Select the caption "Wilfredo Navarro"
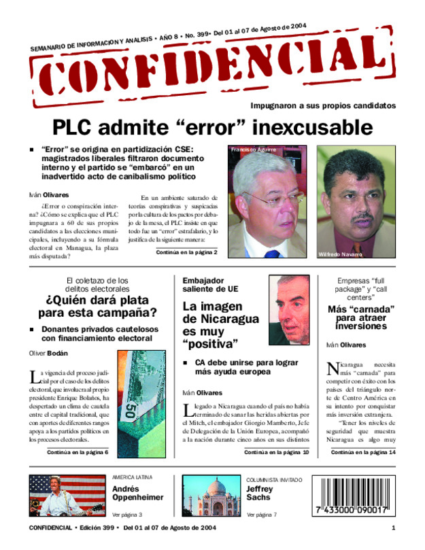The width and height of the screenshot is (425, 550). [x=341, y=254]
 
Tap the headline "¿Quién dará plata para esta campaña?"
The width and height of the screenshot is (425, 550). [x=97, y=307]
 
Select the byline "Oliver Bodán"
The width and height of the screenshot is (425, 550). [x=48, y=354]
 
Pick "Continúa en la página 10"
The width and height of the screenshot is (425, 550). [x=276, y=452]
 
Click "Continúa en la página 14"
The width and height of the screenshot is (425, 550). [x=363, y=452]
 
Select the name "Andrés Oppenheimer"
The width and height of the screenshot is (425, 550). [x=137, y=493]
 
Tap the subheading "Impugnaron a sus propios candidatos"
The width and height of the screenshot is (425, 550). [x=323, y=106]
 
